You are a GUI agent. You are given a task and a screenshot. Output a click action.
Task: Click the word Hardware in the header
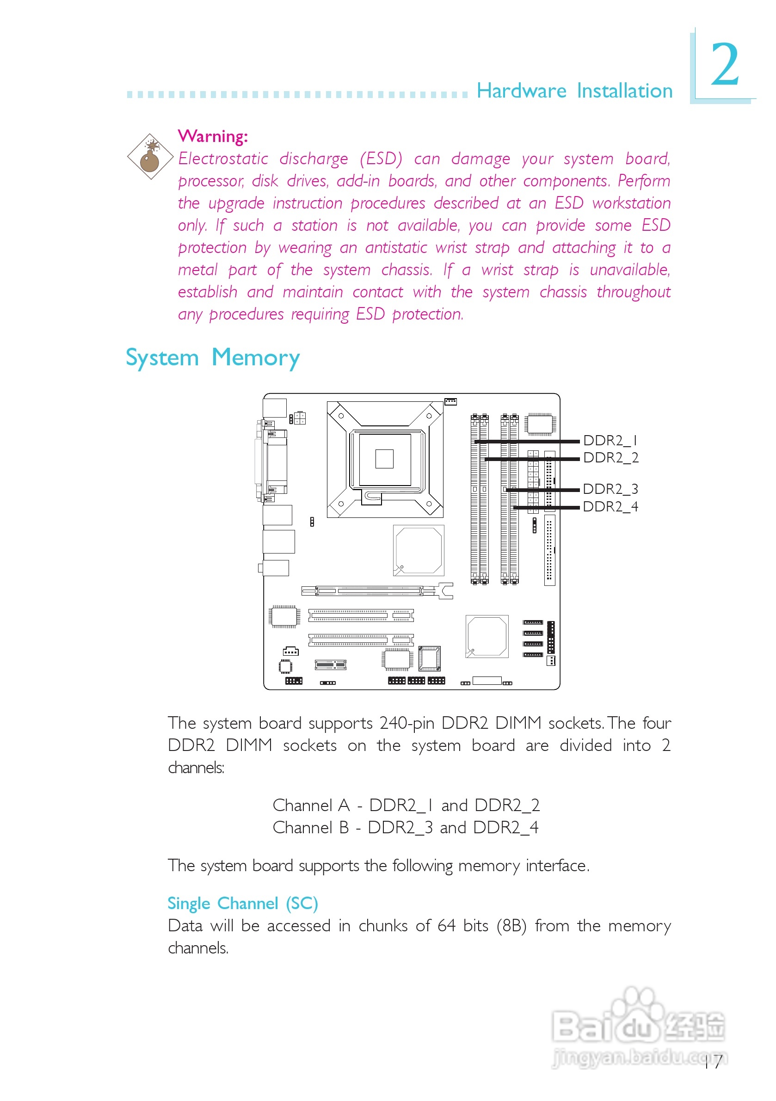coord(521,91)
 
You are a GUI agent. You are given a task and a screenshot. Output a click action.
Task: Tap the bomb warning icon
coord(150,157)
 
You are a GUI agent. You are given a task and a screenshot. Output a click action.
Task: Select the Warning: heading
coord(213,136)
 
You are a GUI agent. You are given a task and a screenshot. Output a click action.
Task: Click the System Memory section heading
coord(212,358)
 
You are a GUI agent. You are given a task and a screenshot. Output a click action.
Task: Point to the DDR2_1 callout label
coord(610,440)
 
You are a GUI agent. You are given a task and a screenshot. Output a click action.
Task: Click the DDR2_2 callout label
coord(610,457)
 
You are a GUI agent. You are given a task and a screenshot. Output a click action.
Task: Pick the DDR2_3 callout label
coord(610,489)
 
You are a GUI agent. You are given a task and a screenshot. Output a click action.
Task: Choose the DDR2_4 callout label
coord(610,506)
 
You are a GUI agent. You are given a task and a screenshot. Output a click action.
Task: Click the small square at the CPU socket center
coord(384,458)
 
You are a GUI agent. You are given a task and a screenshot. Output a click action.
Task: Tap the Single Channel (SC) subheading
coord(243,904)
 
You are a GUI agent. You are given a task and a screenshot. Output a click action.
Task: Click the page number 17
coord(713,1062)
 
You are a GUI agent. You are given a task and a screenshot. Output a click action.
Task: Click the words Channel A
coord(311,805)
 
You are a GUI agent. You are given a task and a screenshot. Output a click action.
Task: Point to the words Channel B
coord(311,827)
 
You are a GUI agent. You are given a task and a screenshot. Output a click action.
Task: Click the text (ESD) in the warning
coord(381,158)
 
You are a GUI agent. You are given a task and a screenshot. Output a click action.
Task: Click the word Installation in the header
coord(624,91)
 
